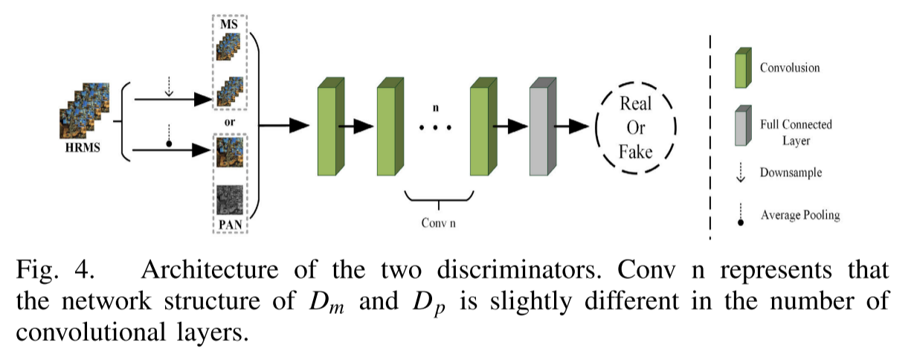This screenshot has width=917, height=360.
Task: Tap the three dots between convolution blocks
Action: [437, 127]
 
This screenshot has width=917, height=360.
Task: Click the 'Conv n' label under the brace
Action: [438, 222]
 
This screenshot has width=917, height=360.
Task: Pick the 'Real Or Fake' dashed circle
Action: [636, 127]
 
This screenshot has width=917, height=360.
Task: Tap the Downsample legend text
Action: [791, 173]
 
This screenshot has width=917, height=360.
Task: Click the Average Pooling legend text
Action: [799, 216]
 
